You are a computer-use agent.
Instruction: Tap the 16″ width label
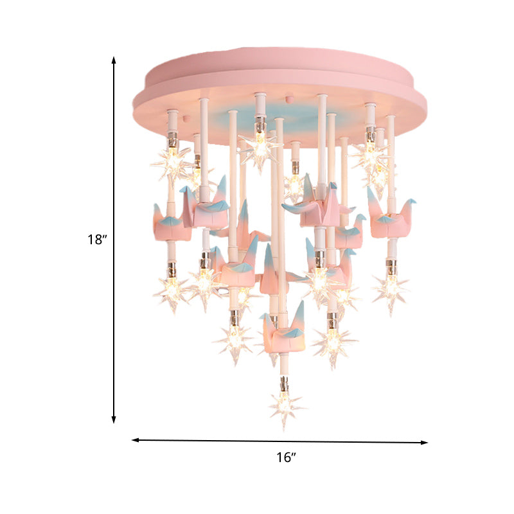pos(286,458)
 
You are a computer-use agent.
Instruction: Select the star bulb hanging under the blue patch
pos(260,147)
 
